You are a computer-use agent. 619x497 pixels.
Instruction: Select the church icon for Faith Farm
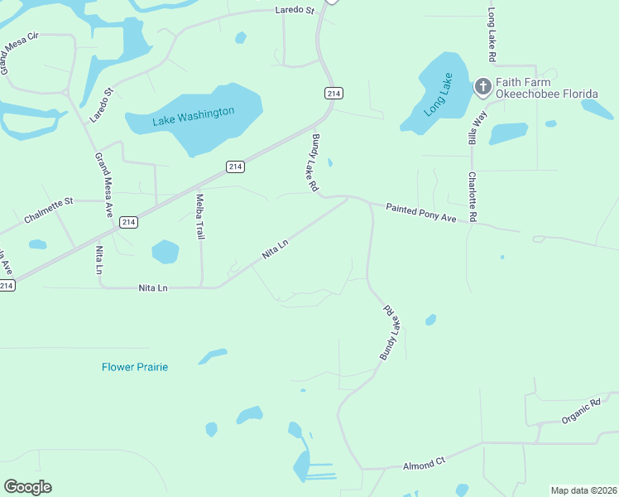(x=483, y=86)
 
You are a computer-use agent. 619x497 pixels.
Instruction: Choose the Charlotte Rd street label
(x=473, y=196)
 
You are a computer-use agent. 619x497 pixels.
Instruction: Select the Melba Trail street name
(x=199, y=217)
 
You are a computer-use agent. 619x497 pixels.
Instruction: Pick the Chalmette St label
(x=49, y=210)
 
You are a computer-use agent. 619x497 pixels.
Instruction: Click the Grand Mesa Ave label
(x=103, y=186)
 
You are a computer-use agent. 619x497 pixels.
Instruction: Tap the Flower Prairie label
(x=135, y=367)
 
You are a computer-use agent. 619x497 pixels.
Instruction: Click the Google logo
(x=27, y=487)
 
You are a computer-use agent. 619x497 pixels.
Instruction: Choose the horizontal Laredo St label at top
(x=295, y=11)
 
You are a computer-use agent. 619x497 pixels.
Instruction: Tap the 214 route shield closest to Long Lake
(x=333, y=94)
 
